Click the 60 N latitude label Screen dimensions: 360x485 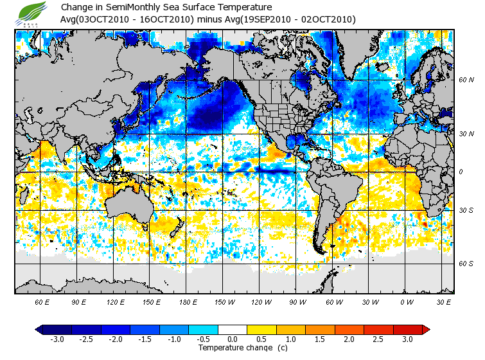pyautogui.click(x=466, y=80)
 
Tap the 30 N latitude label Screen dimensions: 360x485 pyautogui.click(x=466, y=134)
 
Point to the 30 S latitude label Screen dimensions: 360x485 pyautogui.click(x=466, y=210)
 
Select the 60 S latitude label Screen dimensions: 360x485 pyautogui.click(x=466, y=264)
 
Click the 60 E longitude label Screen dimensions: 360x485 pyautogui.click(x=42, y=301)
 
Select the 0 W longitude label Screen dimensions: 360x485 pyautogui.click(x=406, y=301)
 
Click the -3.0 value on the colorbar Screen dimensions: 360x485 pyautogui.click(x=57, y=339)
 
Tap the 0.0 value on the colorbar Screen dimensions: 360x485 pyautogui.click(x=232, y=339)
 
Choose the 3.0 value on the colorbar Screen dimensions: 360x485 pyautogui.click(x=408, y=339)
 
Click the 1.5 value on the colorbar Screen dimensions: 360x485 pyautogui.click(x=320, y=339)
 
